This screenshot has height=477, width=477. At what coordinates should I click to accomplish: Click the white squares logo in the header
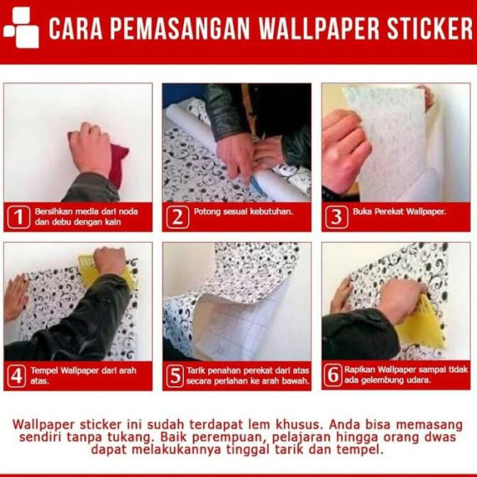[x=21, y=27]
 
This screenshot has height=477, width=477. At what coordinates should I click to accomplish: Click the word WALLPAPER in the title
[x=317, y=29]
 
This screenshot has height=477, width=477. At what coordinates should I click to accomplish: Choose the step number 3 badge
[x=336, y=216]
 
